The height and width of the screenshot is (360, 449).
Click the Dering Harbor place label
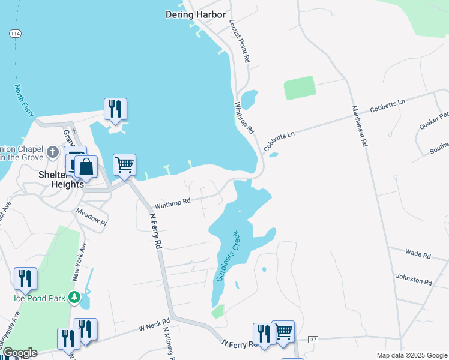(196, 14)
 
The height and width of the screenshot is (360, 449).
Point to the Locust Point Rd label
(239, 41)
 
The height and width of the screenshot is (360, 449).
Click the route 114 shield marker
(16, 34)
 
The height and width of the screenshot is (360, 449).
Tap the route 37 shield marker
(312, 340)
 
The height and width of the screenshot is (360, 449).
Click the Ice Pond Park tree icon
(74, 297)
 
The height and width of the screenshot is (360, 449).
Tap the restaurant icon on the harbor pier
(115, 109)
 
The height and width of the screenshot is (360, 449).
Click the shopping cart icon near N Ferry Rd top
(124, 164)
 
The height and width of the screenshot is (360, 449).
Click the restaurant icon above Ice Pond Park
(25, 278)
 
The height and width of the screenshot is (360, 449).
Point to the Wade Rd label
(418, 256)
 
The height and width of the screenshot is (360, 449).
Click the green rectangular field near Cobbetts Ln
(300, 88)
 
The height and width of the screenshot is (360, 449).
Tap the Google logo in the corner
(19, 353)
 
